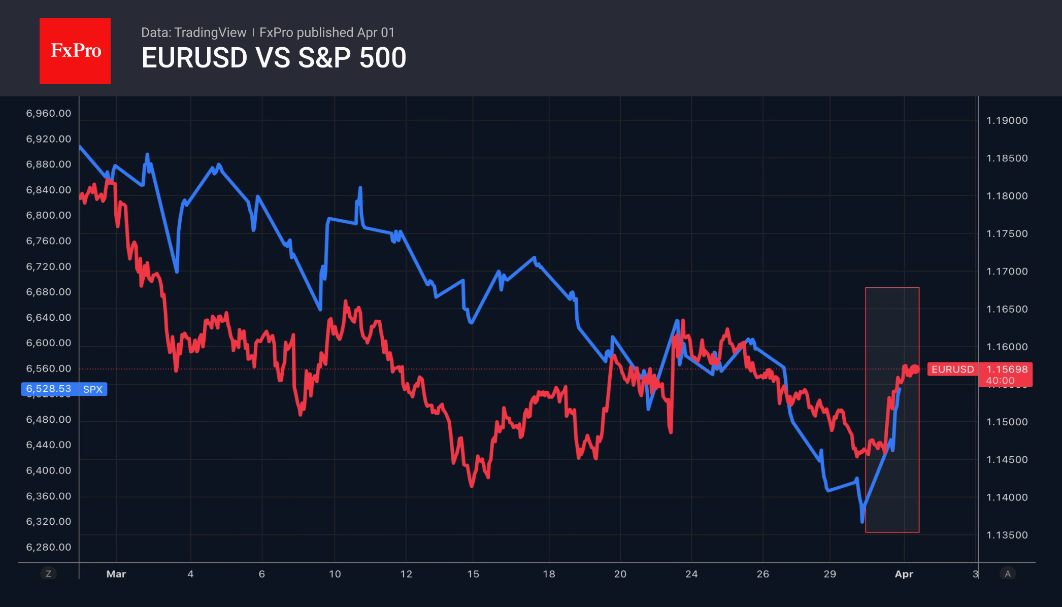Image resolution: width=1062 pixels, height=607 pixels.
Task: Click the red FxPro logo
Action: tap(75, 51)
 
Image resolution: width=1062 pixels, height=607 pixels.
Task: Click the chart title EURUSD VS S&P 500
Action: tap(274, 58)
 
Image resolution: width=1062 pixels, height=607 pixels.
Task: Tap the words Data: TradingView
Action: tap(193, 32)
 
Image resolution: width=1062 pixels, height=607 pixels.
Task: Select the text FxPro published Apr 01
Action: tap(327, 32)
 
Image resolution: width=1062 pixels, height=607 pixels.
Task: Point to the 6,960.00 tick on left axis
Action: tap(49, 113)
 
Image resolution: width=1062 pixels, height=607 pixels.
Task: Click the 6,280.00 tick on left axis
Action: tap(49, 547)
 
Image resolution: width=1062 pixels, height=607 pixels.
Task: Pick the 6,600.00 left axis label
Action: tap(49, 343)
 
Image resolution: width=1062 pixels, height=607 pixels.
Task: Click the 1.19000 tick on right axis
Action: tap(1007, 120)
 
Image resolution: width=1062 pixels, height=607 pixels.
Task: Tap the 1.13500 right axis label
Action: tap(1007, 535)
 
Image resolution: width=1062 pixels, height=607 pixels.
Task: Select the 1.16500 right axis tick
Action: tap(1007, 309)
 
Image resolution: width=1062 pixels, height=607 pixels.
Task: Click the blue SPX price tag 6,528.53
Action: tap(49, 389)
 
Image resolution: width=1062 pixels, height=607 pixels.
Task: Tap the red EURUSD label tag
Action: tap(952, 369)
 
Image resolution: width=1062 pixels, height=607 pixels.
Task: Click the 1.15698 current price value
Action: tap(1007, 369)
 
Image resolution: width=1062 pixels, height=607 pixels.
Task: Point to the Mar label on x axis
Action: tap(116, 574)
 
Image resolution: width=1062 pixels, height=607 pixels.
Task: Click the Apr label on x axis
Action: tap(904, 574)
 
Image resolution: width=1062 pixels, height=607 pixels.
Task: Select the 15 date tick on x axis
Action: tap(473, 574)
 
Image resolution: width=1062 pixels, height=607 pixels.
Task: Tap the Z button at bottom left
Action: tap(48, 574)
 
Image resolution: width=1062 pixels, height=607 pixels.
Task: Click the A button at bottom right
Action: tap(1008, 574)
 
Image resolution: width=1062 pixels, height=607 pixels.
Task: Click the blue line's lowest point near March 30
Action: tap(862, 521)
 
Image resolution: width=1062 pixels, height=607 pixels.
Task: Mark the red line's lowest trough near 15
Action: tap(472, 486)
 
